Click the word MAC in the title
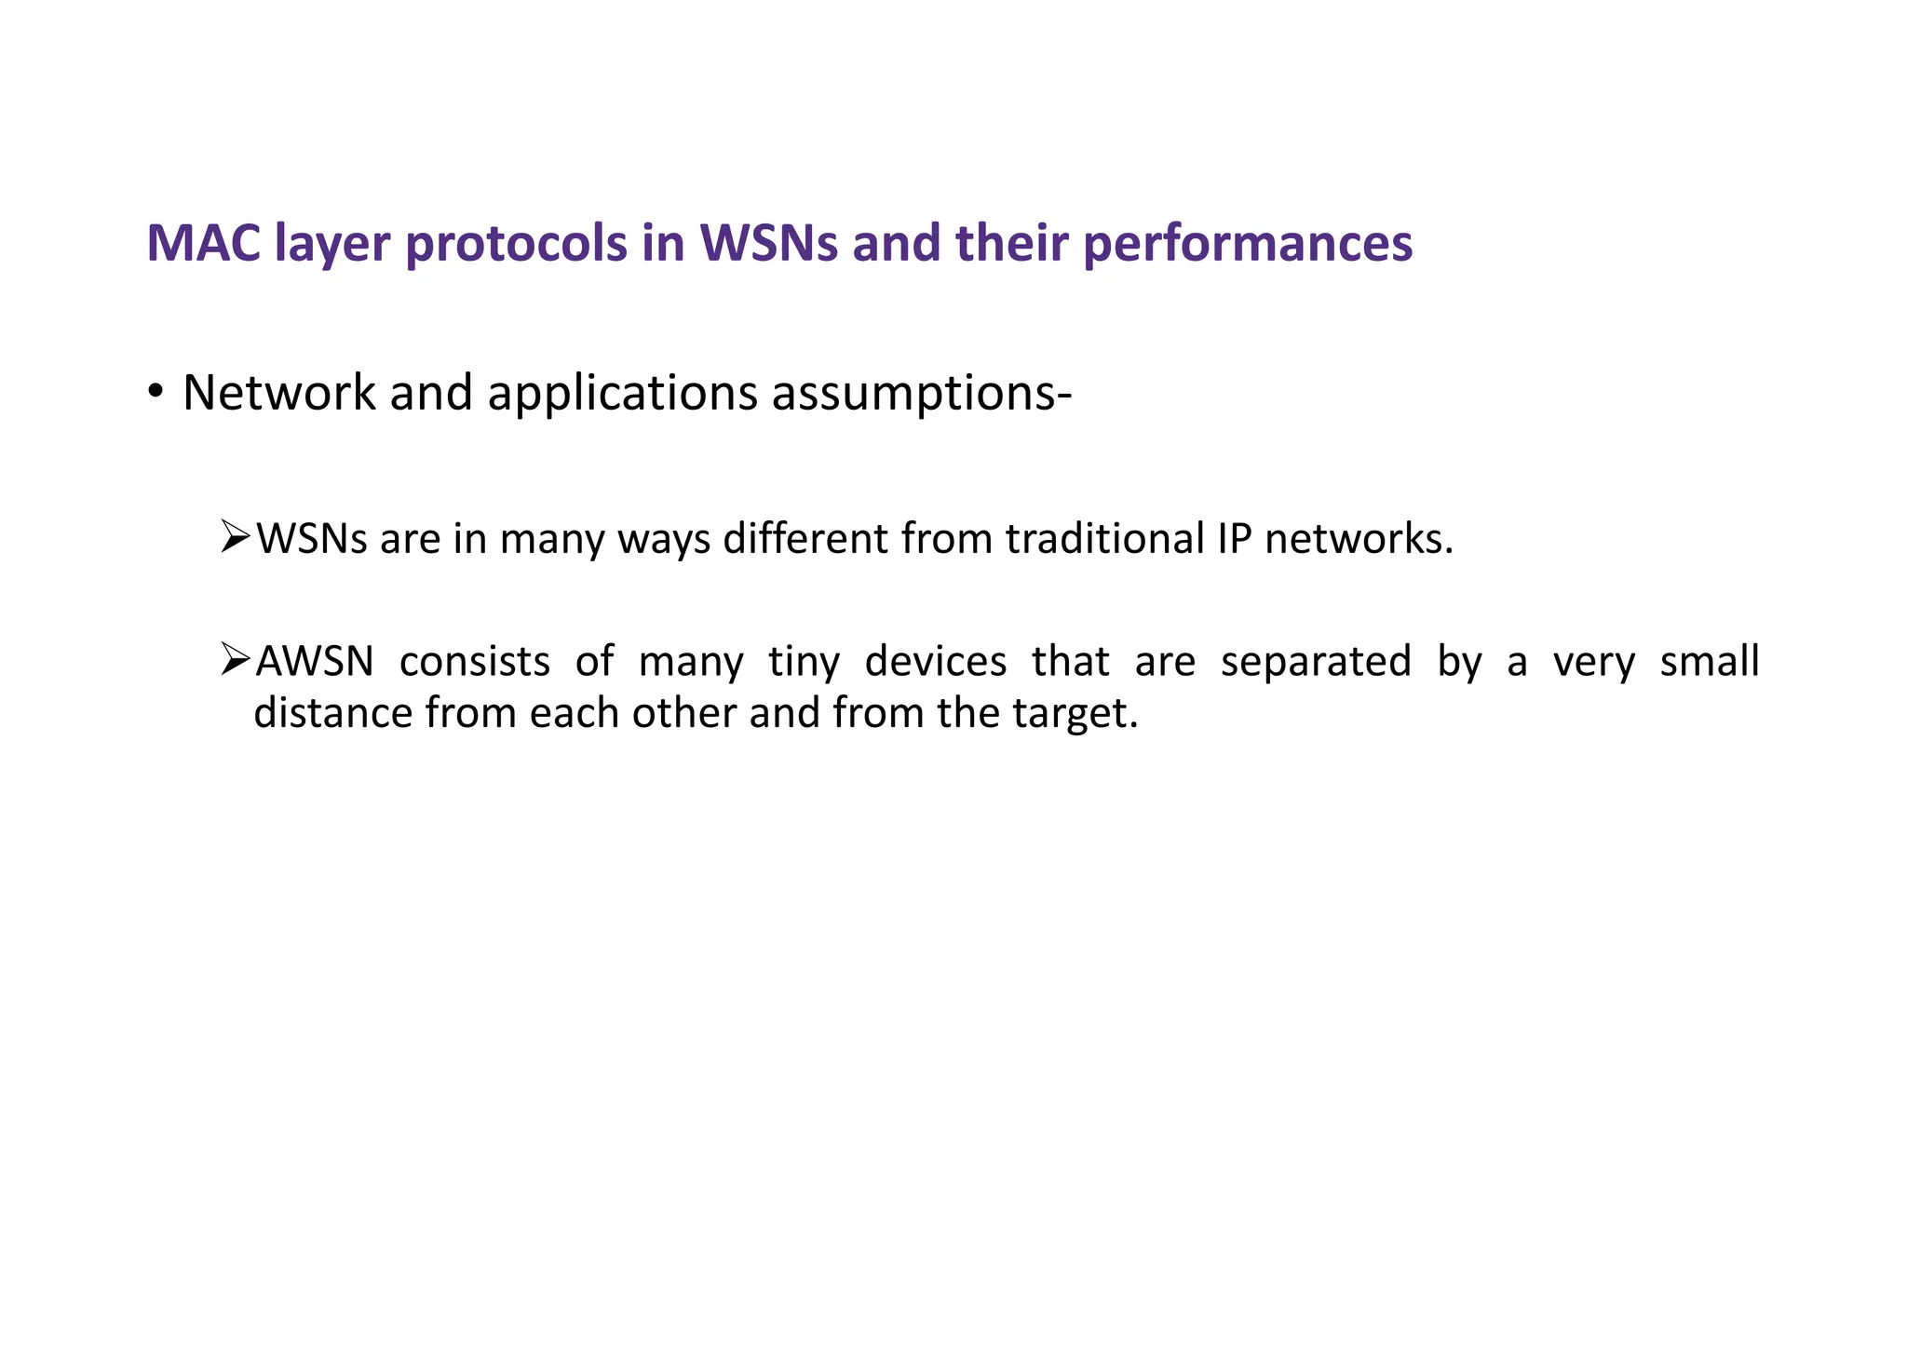(x=204, y=244)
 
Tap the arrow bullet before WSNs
(x=236, y=537)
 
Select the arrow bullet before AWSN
(x=236, y=660)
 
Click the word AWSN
(x=315, y=662)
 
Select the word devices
(x=935, y=662)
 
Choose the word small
(x=1710, y=662)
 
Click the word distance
(x=333, y=713)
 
